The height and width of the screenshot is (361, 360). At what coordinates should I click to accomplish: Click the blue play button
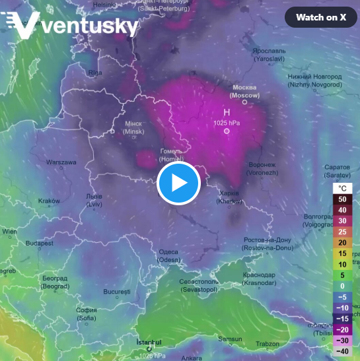[178, 183]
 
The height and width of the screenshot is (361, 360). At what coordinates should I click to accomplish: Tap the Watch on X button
[321, 17]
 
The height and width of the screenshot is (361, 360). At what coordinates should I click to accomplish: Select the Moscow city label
[244, 91]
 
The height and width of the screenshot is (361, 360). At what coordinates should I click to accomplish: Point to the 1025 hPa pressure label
[226, 123]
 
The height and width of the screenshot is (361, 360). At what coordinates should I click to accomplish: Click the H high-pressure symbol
[226, 112]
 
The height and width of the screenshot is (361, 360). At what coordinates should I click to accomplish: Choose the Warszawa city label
[61, 162]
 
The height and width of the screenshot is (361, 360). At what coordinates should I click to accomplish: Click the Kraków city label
[49, 201]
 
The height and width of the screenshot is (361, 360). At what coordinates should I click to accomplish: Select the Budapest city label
[39, 244]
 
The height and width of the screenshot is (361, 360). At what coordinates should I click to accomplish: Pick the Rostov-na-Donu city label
[268, 243]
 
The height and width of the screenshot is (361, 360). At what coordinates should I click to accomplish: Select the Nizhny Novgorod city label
[315, 81]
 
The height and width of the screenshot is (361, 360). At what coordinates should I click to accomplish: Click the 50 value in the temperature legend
[342, 198]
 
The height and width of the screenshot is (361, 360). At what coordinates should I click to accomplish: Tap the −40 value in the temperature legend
[342, 351]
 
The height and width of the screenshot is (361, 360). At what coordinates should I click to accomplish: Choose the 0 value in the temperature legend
[342, 285]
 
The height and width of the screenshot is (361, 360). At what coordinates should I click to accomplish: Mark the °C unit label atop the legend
[342, 187]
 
